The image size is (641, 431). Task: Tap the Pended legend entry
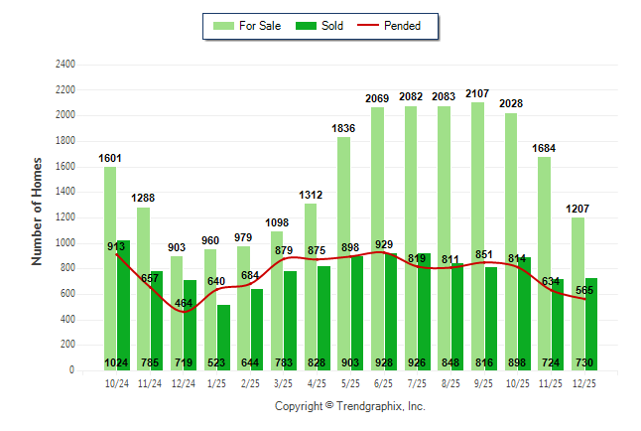tap(399, 26)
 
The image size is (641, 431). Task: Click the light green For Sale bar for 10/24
tap(109, 268)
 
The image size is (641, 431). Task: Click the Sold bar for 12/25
tap(591, 324)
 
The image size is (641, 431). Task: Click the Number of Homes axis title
tap(38, 211)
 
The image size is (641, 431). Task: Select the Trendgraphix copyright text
tap(349, 406)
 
